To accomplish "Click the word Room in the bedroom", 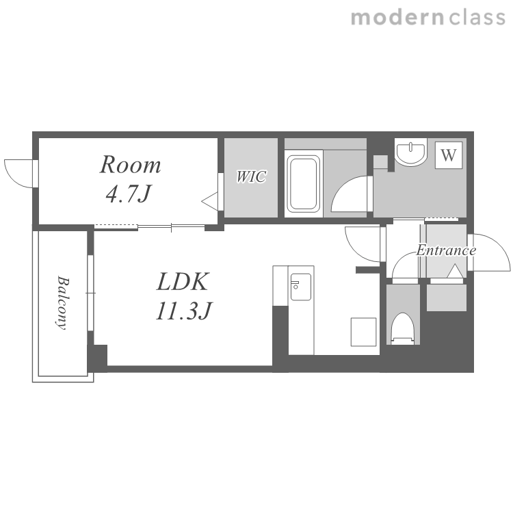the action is (130, 165).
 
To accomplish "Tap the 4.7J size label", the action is (129, 194).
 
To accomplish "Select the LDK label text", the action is (182, 281).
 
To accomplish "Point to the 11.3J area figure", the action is (184, 310).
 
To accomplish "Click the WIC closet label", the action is (251, 176).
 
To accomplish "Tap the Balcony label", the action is (62, 302).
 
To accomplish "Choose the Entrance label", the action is (446, 250).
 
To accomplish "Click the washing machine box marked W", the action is (449, 155).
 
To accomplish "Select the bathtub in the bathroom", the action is (304, 183).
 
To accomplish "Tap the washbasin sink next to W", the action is (410, 151).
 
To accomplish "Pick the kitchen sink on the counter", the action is (301, 287).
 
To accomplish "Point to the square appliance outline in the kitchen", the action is (363, 332).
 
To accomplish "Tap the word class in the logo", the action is (477, 18).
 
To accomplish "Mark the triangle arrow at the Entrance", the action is (455, 272).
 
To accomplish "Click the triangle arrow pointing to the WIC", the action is (210, 202).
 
